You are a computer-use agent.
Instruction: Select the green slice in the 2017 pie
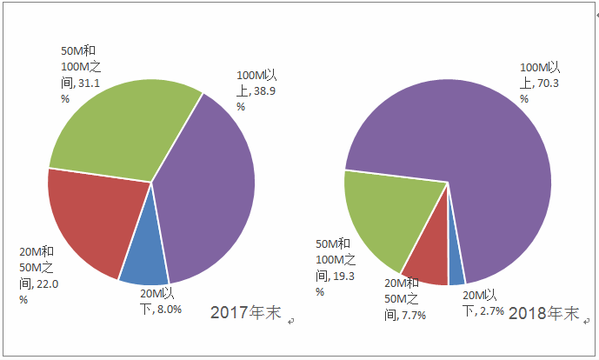coord(122,126)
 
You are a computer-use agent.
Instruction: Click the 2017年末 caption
coord(246,313)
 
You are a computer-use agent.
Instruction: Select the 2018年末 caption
coord(544,313)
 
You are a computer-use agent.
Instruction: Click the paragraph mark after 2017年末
coord(291,321)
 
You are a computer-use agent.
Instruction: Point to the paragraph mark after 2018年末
coord(585,321)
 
